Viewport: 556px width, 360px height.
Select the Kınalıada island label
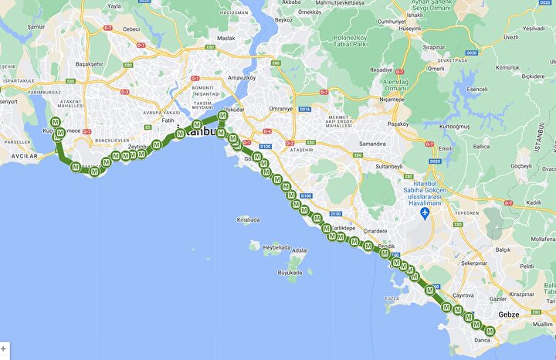(x=248, y=219)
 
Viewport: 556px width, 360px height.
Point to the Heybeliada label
(x=276, y=248)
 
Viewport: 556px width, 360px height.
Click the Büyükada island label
(x=290, y=273)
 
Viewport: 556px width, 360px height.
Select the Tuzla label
(x=392, y=298)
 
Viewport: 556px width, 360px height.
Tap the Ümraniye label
(x=280, y=109)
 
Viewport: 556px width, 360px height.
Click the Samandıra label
(x=371, y=144)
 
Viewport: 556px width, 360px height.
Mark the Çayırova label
(x=463, y=295)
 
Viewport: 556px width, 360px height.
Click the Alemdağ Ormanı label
(x=394, y=84)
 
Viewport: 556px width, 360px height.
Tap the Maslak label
(x=225, y=38)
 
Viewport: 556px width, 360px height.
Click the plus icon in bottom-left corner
(x=4, y=349)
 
